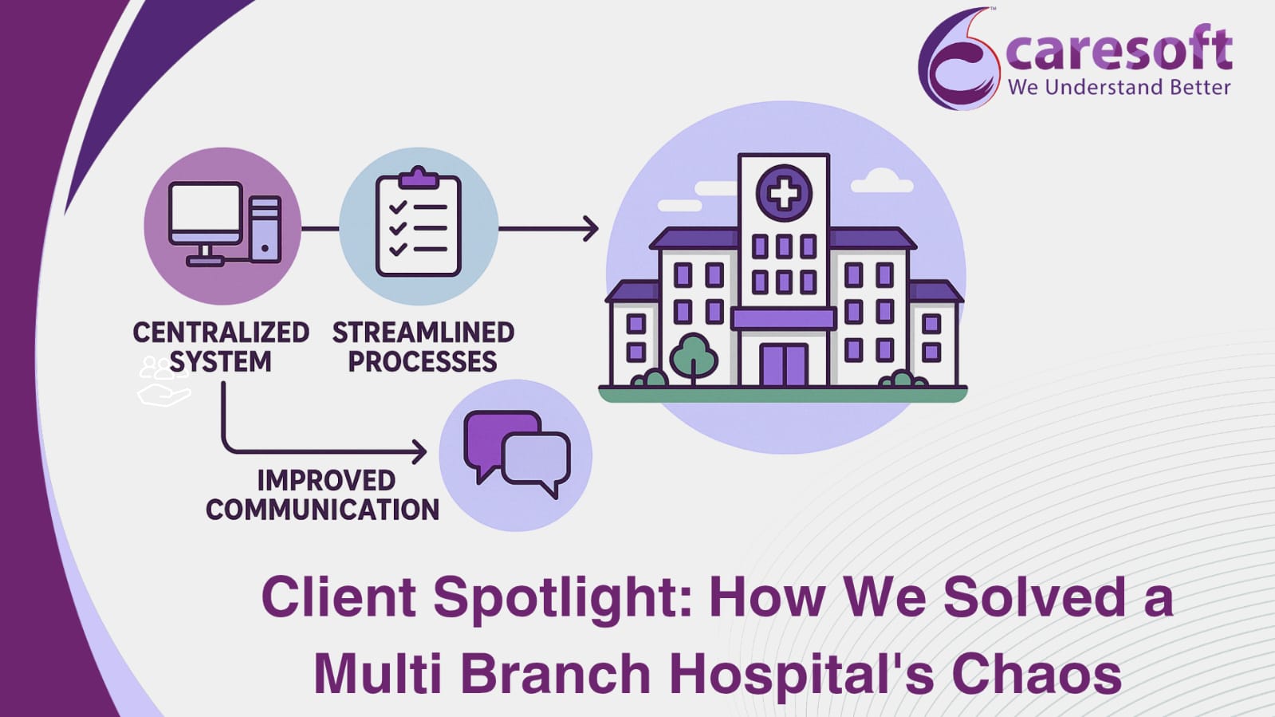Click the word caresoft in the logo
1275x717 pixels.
pos(1119,49)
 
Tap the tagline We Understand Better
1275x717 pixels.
pos(1120,87)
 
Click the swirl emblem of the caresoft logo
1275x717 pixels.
pos(958,59)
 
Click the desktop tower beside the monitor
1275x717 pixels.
pos(266,229)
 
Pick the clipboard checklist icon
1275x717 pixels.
pos(419,222)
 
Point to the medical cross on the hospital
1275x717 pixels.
pos(784,193)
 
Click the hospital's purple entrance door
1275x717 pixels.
pos(784,365)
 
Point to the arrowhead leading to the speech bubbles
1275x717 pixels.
pos(419,452)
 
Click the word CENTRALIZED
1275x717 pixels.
pos(221,333)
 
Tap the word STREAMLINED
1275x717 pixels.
pos(423,333)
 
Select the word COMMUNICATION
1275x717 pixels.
pos(323,509)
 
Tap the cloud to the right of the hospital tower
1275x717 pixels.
pos(882,180)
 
